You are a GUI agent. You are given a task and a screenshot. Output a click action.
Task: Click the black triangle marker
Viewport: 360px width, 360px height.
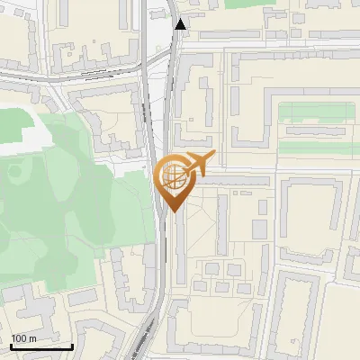(x=181, y=24)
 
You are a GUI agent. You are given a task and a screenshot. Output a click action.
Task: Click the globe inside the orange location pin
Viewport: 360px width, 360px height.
(x=172, y=176)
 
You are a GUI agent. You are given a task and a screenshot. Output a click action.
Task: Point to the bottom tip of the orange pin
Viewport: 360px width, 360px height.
(x=172, y=211)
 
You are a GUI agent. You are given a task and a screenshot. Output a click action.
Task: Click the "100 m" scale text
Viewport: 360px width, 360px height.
(x=23, y=337)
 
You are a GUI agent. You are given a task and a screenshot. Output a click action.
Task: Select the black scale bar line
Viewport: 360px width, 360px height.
(x=40, y=346)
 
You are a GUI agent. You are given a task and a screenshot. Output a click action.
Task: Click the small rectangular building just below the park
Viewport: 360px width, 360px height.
(x=83, y=296)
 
